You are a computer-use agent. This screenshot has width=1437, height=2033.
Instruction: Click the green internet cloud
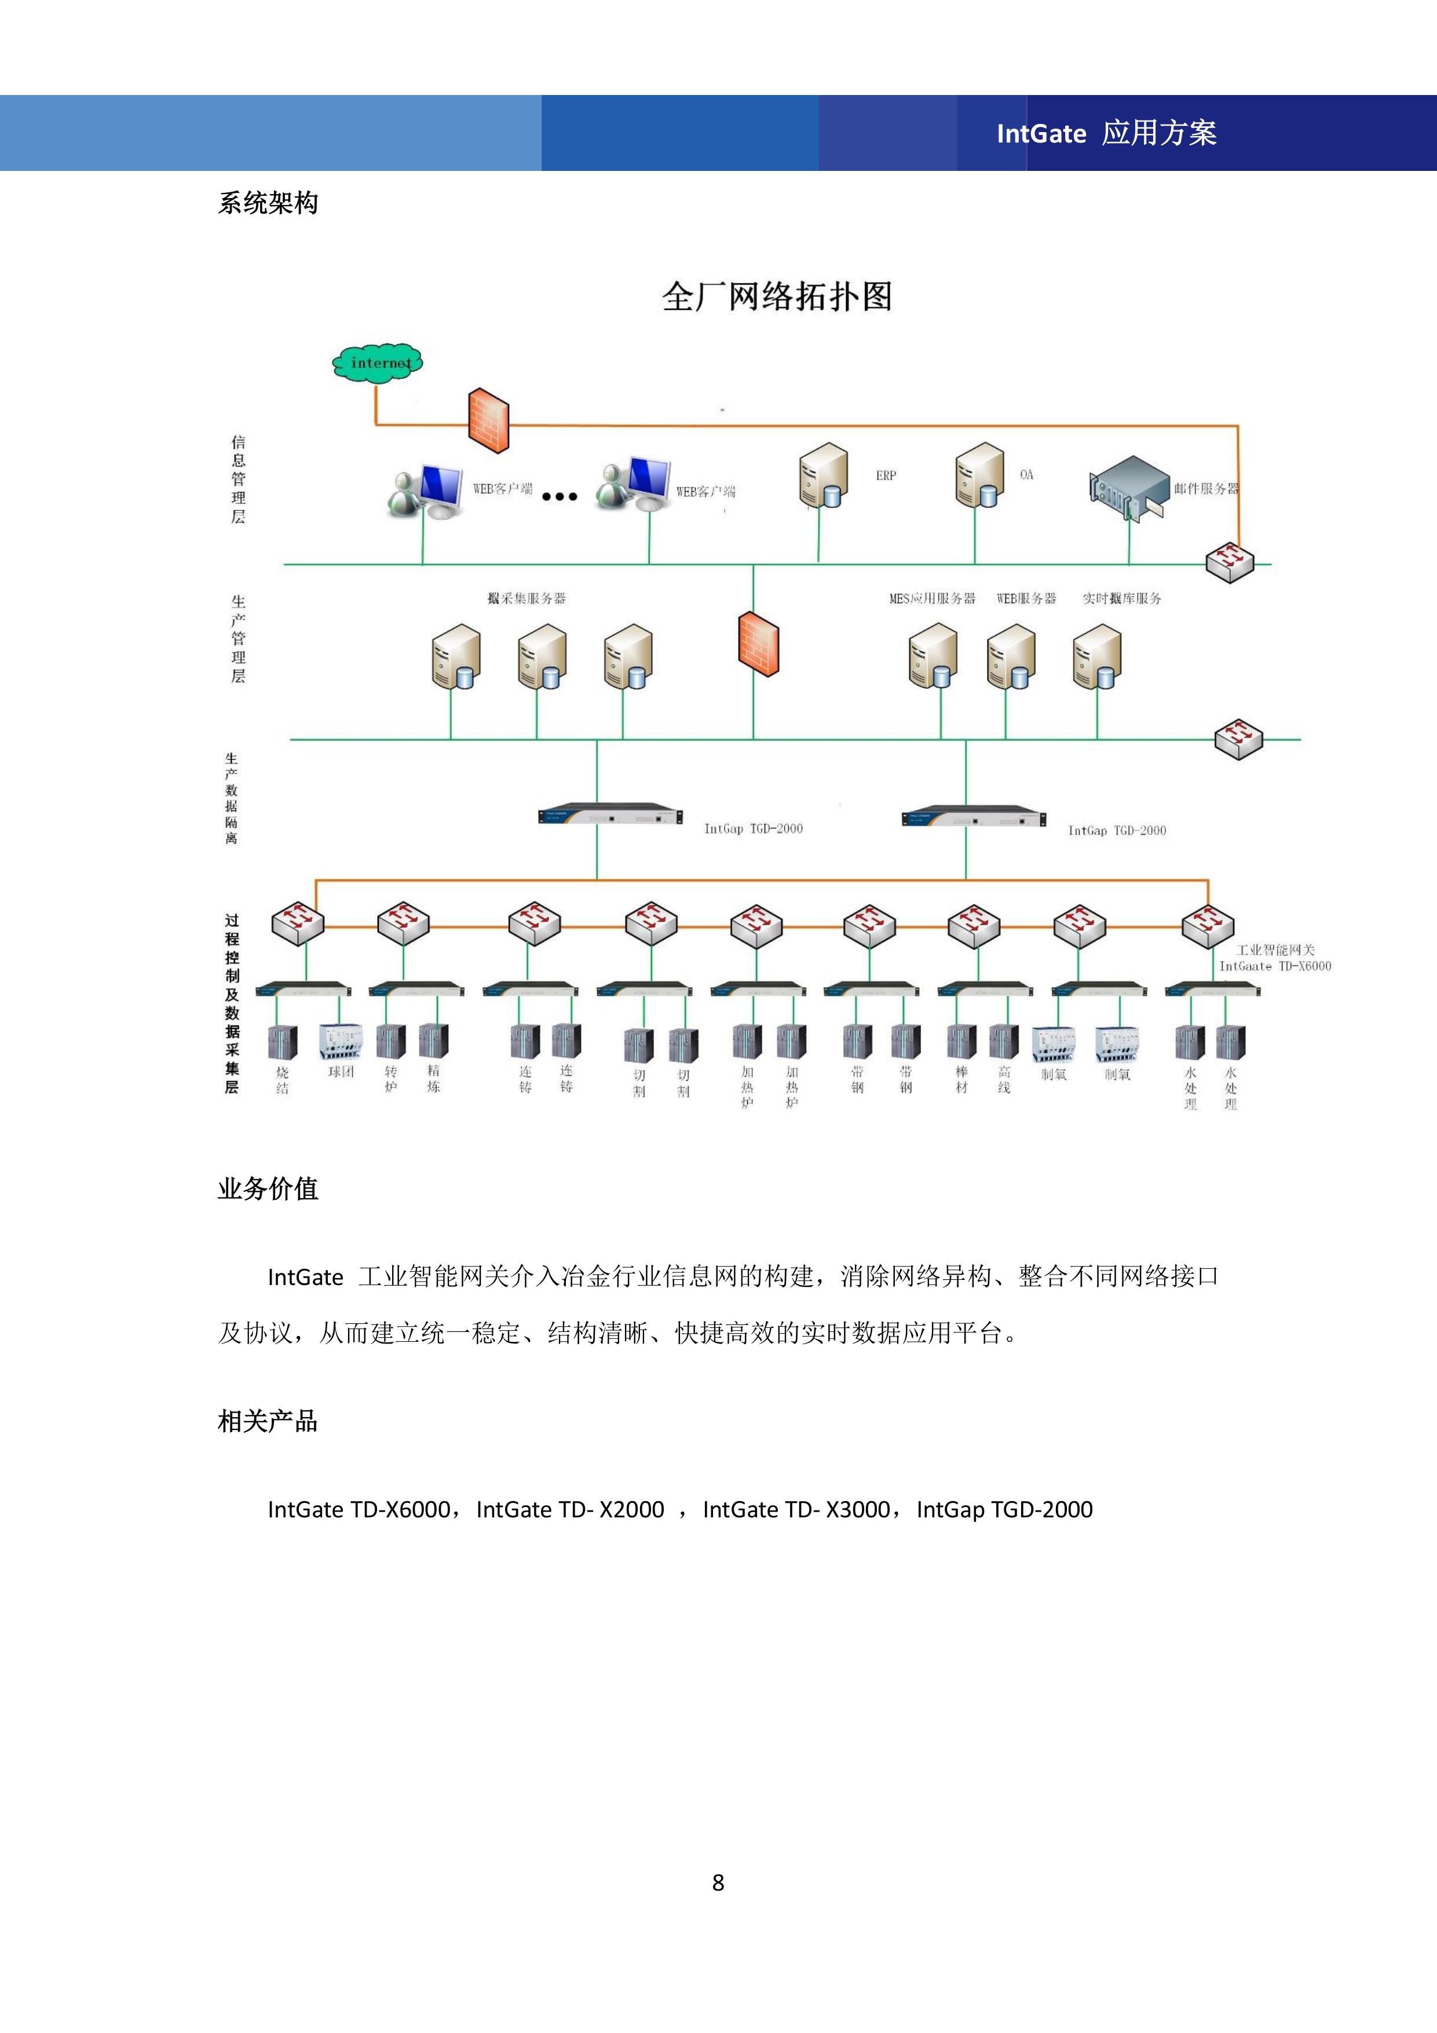pos(377,362)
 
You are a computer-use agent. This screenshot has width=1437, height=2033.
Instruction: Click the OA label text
pos(1026,475)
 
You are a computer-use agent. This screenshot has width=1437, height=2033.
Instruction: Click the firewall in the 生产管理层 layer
pos(758,644)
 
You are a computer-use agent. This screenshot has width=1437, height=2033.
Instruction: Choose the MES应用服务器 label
pos(931,598)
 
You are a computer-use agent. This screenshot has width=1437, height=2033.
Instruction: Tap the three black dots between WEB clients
pos(560,497)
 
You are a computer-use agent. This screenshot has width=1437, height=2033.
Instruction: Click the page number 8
pos(718,1882)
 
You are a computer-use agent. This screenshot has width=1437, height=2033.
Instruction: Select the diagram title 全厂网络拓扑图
pos(777,297)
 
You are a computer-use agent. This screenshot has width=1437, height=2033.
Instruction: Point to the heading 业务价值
pos(268,1188)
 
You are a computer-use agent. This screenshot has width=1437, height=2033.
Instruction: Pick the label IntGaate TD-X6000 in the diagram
pos(1274,966)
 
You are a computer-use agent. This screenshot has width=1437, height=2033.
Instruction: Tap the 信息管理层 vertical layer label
pos(238,479)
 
